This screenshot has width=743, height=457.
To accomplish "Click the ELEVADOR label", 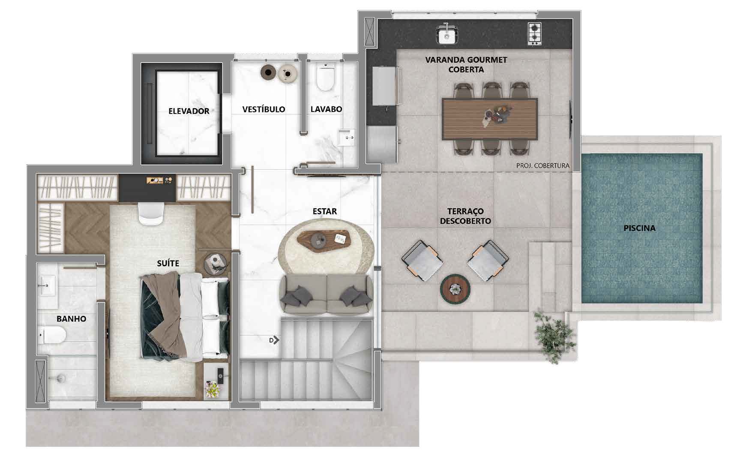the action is coord(189,111).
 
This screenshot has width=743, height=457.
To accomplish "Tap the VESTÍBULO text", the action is coord(264,109).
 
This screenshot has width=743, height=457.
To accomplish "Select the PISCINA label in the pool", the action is coord(639,228).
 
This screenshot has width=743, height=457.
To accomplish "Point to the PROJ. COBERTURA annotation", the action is coord(543,165).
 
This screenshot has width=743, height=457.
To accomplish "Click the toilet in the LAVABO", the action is coord(325,77).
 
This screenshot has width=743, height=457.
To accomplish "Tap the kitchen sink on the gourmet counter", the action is coord(447,34).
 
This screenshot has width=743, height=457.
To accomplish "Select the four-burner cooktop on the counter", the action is coord(534,33).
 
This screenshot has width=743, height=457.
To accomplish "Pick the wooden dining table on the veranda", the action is coord(489,119).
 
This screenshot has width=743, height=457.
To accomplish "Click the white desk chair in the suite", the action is coord(151,213).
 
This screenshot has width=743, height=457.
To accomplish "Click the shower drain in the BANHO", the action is coord(61,378).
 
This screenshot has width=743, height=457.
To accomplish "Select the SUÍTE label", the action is coord(168,263).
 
